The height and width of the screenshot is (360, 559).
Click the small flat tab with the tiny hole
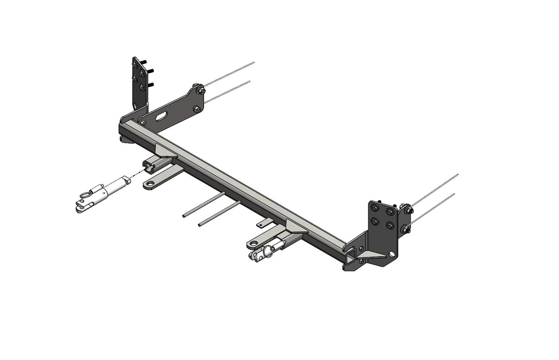click(x=265, y=222)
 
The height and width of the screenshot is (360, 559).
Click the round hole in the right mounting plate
click(x=392, y=254)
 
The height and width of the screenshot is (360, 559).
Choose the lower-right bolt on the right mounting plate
click(x=390, y=225)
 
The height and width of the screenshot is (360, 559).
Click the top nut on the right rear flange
click(x=407, y=210)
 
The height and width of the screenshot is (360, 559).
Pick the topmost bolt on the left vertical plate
click(x=135, y=63)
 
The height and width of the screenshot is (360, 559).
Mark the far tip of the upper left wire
click(x=254, y=62)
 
